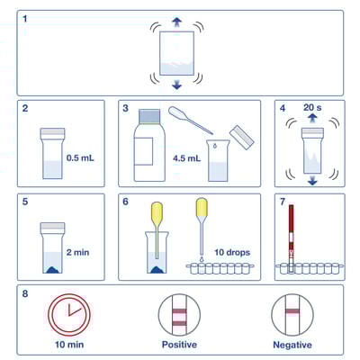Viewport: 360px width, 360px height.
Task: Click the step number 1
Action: pyautogui.click(x=25, y=19)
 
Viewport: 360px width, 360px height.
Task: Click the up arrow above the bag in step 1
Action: pyautogui.click(x=176, y=22)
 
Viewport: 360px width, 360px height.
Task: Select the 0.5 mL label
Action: pyautogui.click(x=79, y=158)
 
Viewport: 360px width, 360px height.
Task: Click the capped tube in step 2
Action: pyautogui.click(x=51, y=154)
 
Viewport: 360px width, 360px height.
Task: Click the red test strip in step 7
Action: pyautogui.click(x=292, y=234)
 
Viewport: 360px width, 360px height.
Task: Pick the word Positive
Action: pyautogui.click(x=178, y=345)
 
